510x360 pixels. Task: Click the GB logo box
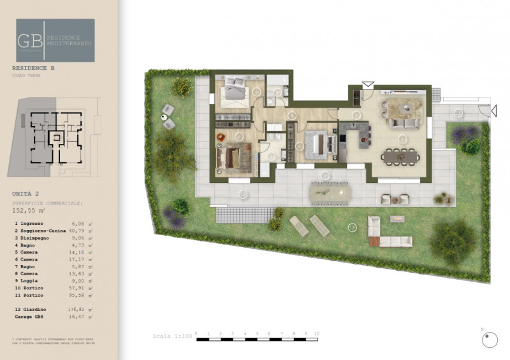coord(55,40)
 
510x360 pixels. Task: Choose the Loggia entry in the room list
coord(29,280)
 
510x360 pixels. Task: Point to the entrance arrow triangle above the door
coord(368,83)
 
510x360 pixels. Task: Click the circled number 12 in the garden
coord(351,226)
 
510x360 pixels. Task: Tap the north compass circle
coord(489,342)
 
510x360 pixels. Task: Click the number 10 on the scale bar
coord(317,333)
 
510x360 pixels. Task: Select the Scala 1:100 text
coord(172,336)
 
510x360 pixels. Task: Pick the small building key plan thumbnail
coord(54,137)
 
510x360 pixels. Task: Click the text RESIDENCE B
coord(32,67)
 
